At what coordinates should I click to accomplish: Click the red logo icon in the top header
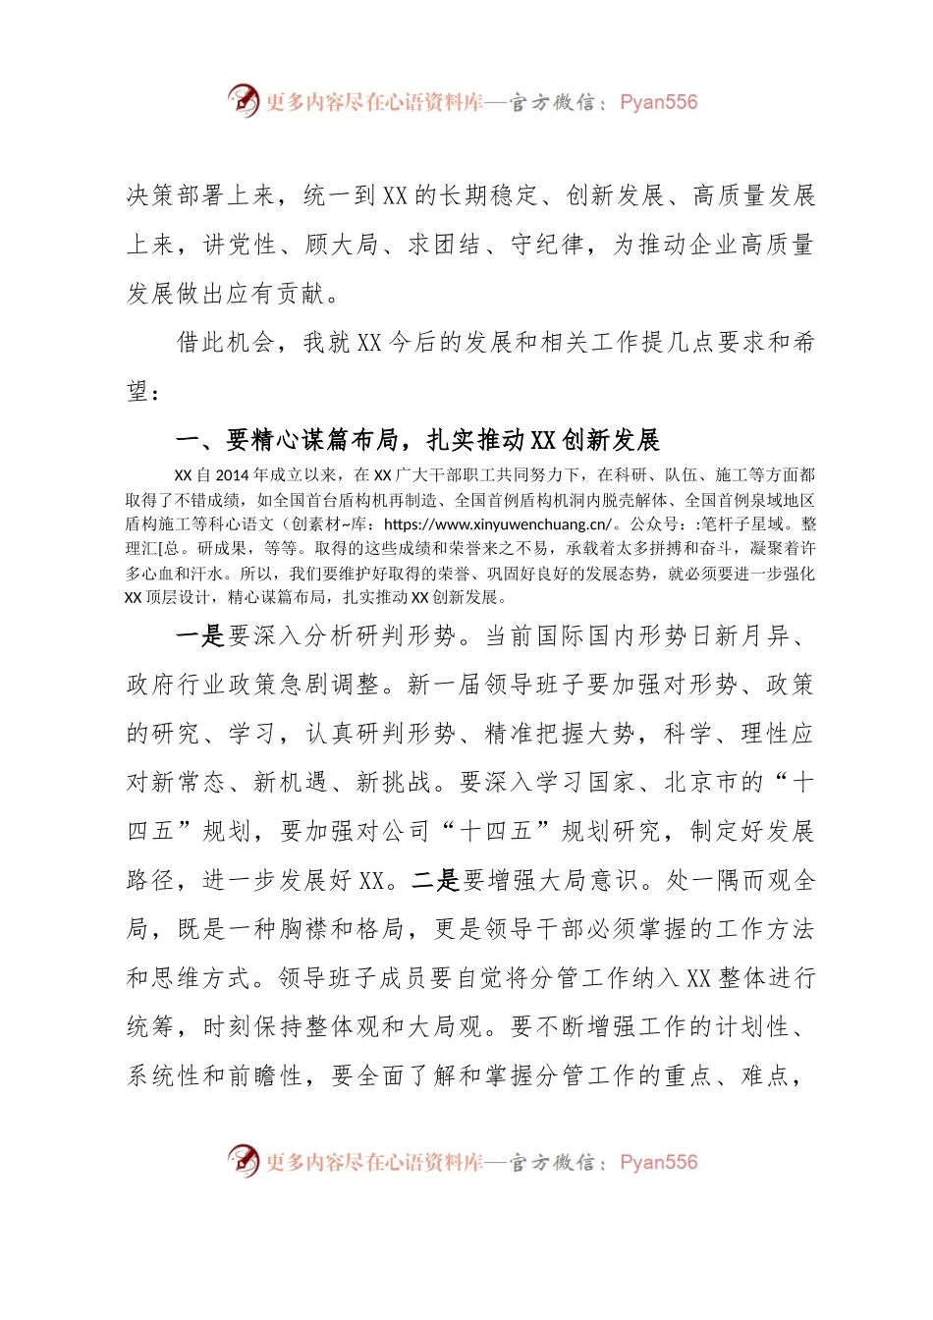pyautogui.click(x=243, y=100)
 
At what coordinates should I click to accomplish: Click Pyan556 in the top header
pyautogui.click(x=658, y=102)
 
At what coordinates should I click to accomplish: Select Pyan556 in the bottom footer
pyautogui.click(x=658, y=1162)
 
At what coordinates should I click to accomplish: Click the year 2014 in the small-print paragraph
pyautogui.click(x=232, y=474)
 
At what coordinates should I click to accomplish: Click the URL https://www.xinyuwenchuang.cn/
pyautogui.click(x=498, y=523)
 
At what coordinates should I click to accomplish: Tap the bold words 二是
pyautogui.click(x=434, y=879)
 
